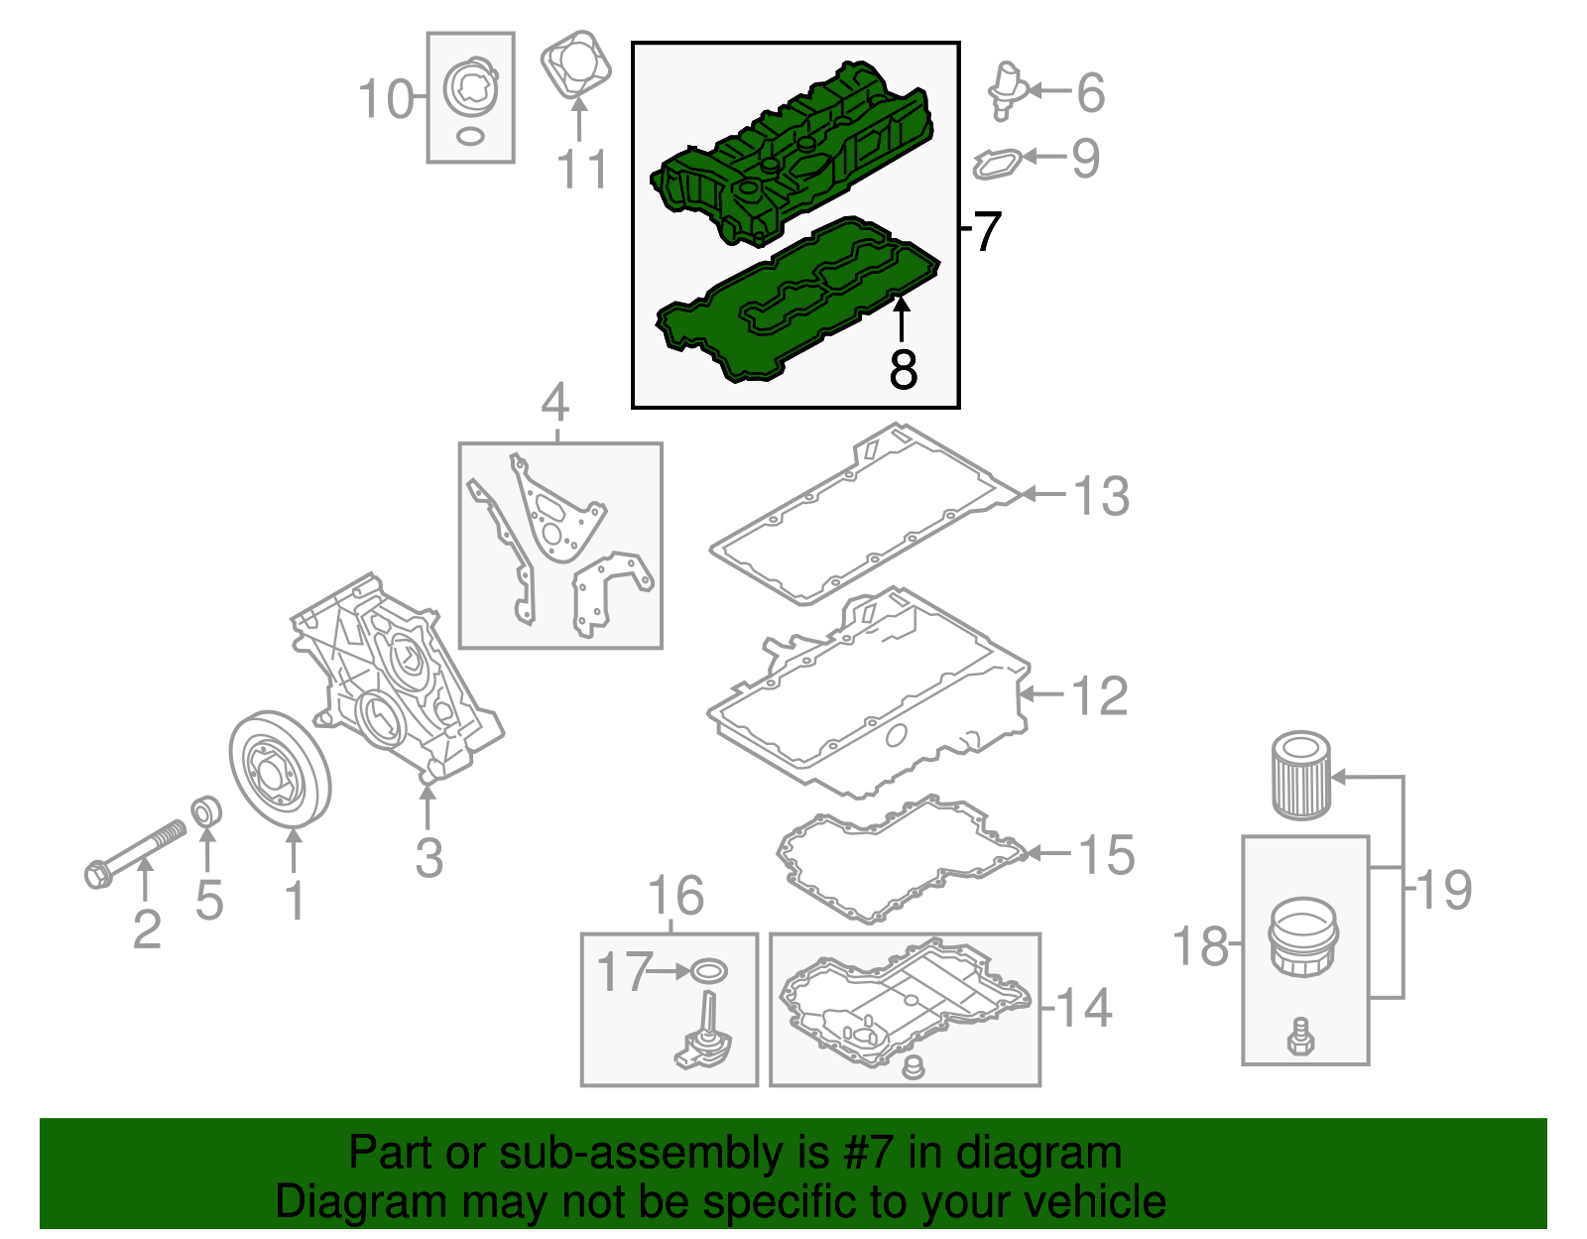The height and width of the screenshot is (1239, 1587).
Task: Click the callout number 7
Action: coord(986,231)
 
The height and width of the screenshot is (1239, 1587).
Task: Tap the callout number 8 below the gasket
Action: coord(903,369)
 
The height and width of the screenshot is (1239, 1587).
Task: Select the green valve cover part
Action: coord(793,149)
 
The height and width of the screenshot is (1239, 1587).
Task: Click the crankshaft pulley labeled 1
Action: coord(280,768)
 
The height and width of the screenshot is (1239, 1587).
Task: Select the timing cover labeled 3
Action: coord(397,675)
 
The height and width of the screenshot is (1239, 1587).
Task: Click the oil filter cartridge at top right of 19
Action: coord(1300,776)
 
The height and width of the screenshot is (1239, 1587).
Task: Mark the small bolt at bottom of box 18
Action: coord(1300,1036)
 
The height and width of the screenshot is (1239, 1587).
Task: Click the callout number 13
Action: coord(1101,495)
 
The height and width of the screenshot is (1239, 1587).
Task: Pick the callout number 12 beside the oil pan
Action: coord(1100,695)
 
